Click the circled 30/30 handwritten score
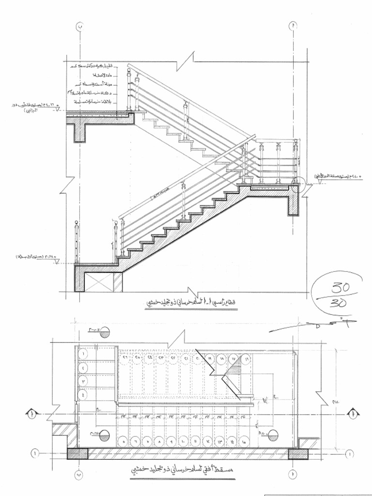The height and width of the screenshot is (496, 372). coord(337,295)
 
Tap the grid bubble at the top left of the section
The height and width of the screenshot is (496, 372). coord(80,26)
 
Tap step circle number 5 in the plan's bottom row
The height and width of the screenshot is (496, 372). coord(125,442)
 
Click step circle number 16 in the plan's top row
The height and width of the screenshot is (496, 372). coord(246,359)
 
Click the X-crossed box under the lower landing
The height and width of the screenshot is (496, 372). coord(105,282)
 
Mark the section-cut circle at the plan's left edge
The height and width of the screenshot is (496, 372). coord(31,414)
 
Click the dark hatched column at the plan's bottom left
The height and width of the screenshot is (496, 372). coord(77,453)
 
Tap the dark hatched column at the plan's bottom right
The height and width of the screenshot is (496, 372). coord(298,453)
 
